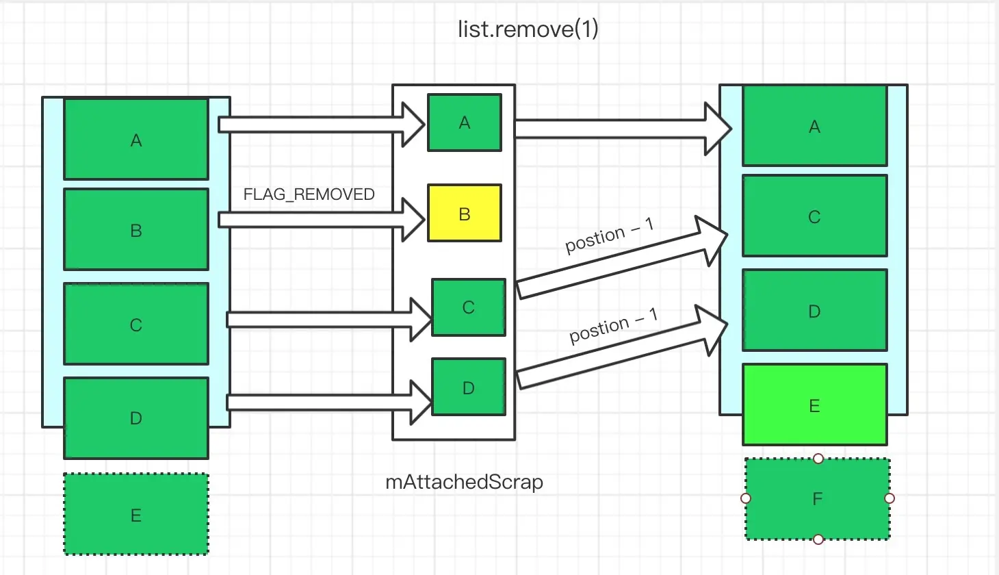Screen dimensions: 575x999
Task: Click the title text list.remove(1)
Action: point(528,29)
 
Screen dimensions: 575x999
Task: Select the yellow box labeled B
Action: point(465,214)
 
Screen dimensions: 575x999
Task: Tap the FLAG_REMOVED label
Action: point(309,194)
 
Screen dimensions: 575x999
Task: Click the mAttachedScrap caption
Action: point(464,482)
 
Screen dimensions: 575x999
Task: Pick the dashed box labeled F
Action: point(817,499)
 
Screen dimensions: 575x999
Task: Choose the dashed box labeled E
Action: point(136,515)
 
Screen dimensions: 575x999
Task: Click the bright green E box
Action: point(814,405)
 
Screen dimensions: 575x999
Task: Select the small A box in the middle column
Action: point(465,123)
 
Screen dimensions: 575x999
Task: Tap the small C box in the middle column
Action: point(469,307)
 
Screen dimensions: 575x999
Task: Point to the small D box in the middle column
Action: point(469,387)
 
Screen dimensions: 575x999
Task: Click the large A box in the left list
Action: point(136,140)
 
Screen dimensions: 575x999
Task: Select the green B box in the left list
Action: point(136,230)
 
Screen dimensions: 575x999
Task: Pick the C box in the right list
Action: point(814,216)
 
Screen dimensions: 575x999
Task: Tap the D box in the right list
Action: point(814,311)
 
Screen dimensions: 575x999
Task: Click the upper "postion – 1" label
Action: point(609,236)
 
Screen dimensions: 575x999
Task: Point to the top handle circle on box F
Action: point(818,459)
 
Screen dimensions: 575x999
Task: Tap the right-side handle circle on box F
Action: point(890,498)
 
